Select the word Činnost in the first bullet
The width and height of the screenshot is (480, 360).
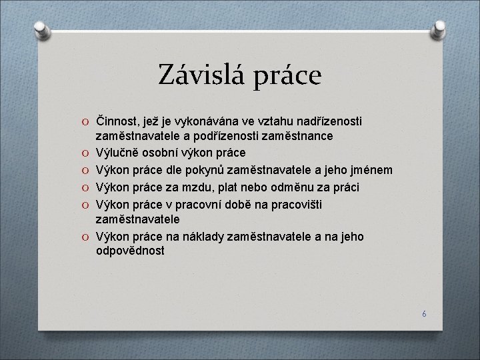(117, 120)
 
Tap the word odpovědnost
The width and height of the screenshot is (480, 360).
(130, 253)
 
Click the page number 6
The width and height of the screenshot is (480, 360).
(423, 313)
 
